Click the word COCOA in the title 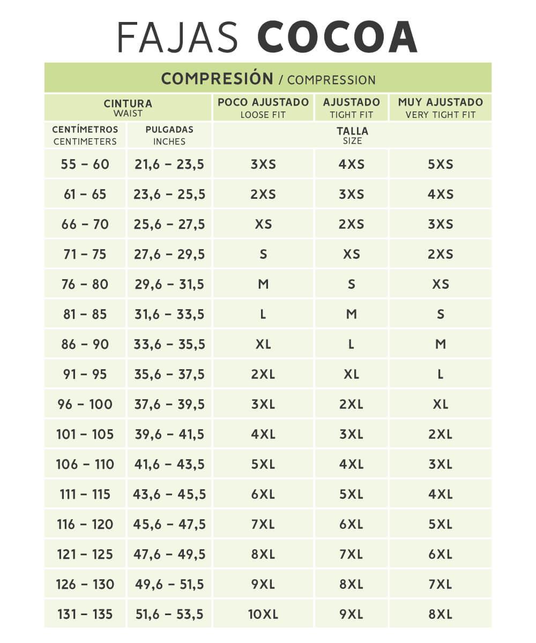[337, 38]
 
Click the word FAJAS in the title [177, 38]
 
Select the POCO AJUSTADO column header [263, 107]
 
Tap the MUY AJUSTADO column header [440, 107]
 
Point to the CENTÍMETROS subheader [85, 135]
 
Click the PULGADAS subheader [169, 135]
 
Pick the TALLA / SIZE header [352, 135]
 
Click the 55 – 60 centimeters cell [85, 164]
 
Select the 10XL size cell [263, 614]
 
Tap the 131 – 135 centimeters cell [85, 614]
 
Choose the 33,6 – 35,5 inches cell [169, 344]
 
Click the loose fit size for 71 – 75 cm [263, 254]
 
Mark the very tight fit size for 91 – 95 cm [440, 374]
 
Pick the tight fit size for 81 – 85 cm [352, 314]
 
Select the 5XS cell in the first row [440, 164]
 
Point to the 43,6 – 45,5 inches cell [169, 494]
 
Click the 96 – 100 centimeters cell [85, 404]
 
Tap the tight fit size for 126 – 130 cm [352, 584]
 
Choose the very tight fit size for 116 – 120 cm [440, 524]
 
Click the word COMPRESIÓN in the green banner [217, 78]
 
